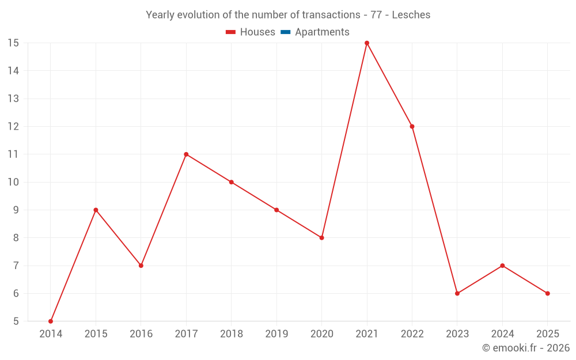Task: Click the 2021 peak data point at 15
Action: pos(367,43)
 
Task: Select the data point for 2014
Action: pos(51,321)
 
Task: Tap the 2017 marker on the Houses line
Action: pos(186,154)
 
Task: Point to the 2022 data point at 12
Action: pos(412,126)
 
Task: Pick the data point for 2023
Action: pos(457,293)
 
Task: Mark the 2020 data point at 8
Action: pos(321,237)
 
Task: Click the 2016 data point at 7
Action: pos(141,266)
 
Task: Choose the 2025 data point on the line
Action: pos(547,293)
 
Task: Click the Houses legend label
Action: pos(257,32)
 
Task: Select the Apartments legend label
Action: pos(322,32)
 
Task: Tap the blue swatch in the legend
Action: pos(285,32)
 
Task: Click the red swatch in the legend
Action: pos(230,32)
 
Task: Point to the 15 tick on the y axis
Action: pos(13,43)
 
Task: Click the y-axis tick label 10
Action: pos(13,182)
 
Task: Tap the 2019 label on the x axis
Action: pos(276,334)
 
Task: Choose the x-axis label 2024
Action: pos(502,334)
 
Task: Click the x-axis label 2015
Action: pos(96,334)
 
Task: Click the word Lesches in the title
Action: pos(411,15)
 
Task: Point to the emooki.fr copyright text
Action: pos(526,348)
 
